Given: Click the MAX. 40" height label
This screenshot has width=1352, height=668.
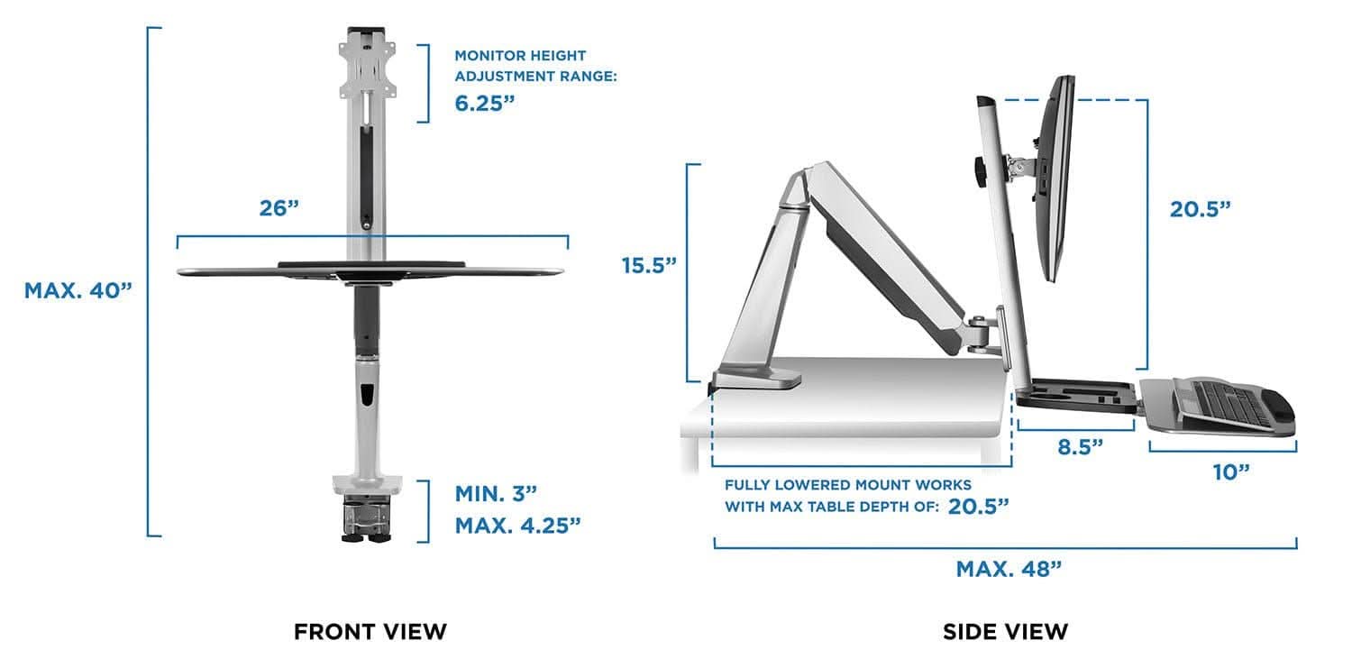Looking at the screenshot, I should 78,291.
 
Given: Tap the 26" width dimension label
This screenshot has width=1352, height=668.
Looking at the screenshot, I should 279,208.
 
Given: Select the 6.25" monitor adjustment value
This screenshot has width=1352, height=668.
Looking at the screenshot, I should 485,103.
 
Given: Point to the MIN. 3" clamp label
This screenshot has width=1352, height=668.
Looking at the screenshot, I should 496,493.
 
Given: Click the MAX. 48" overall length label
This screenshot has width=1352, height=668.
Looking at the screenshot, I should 1009,569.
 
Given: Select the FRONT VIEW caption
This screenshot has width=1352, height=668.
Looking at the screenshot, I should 370,632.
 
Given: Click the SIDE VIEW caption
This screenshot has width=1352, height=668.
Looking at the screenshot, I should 1005,632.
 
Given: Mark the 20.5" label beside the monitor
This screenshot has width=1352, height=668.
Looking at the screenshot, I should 1200,209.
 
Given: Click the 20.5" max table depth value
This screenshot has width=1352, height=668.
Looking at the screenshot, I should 977,506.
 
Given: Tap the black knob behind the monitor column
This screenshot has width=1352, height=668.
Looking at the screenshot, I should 977,170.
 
